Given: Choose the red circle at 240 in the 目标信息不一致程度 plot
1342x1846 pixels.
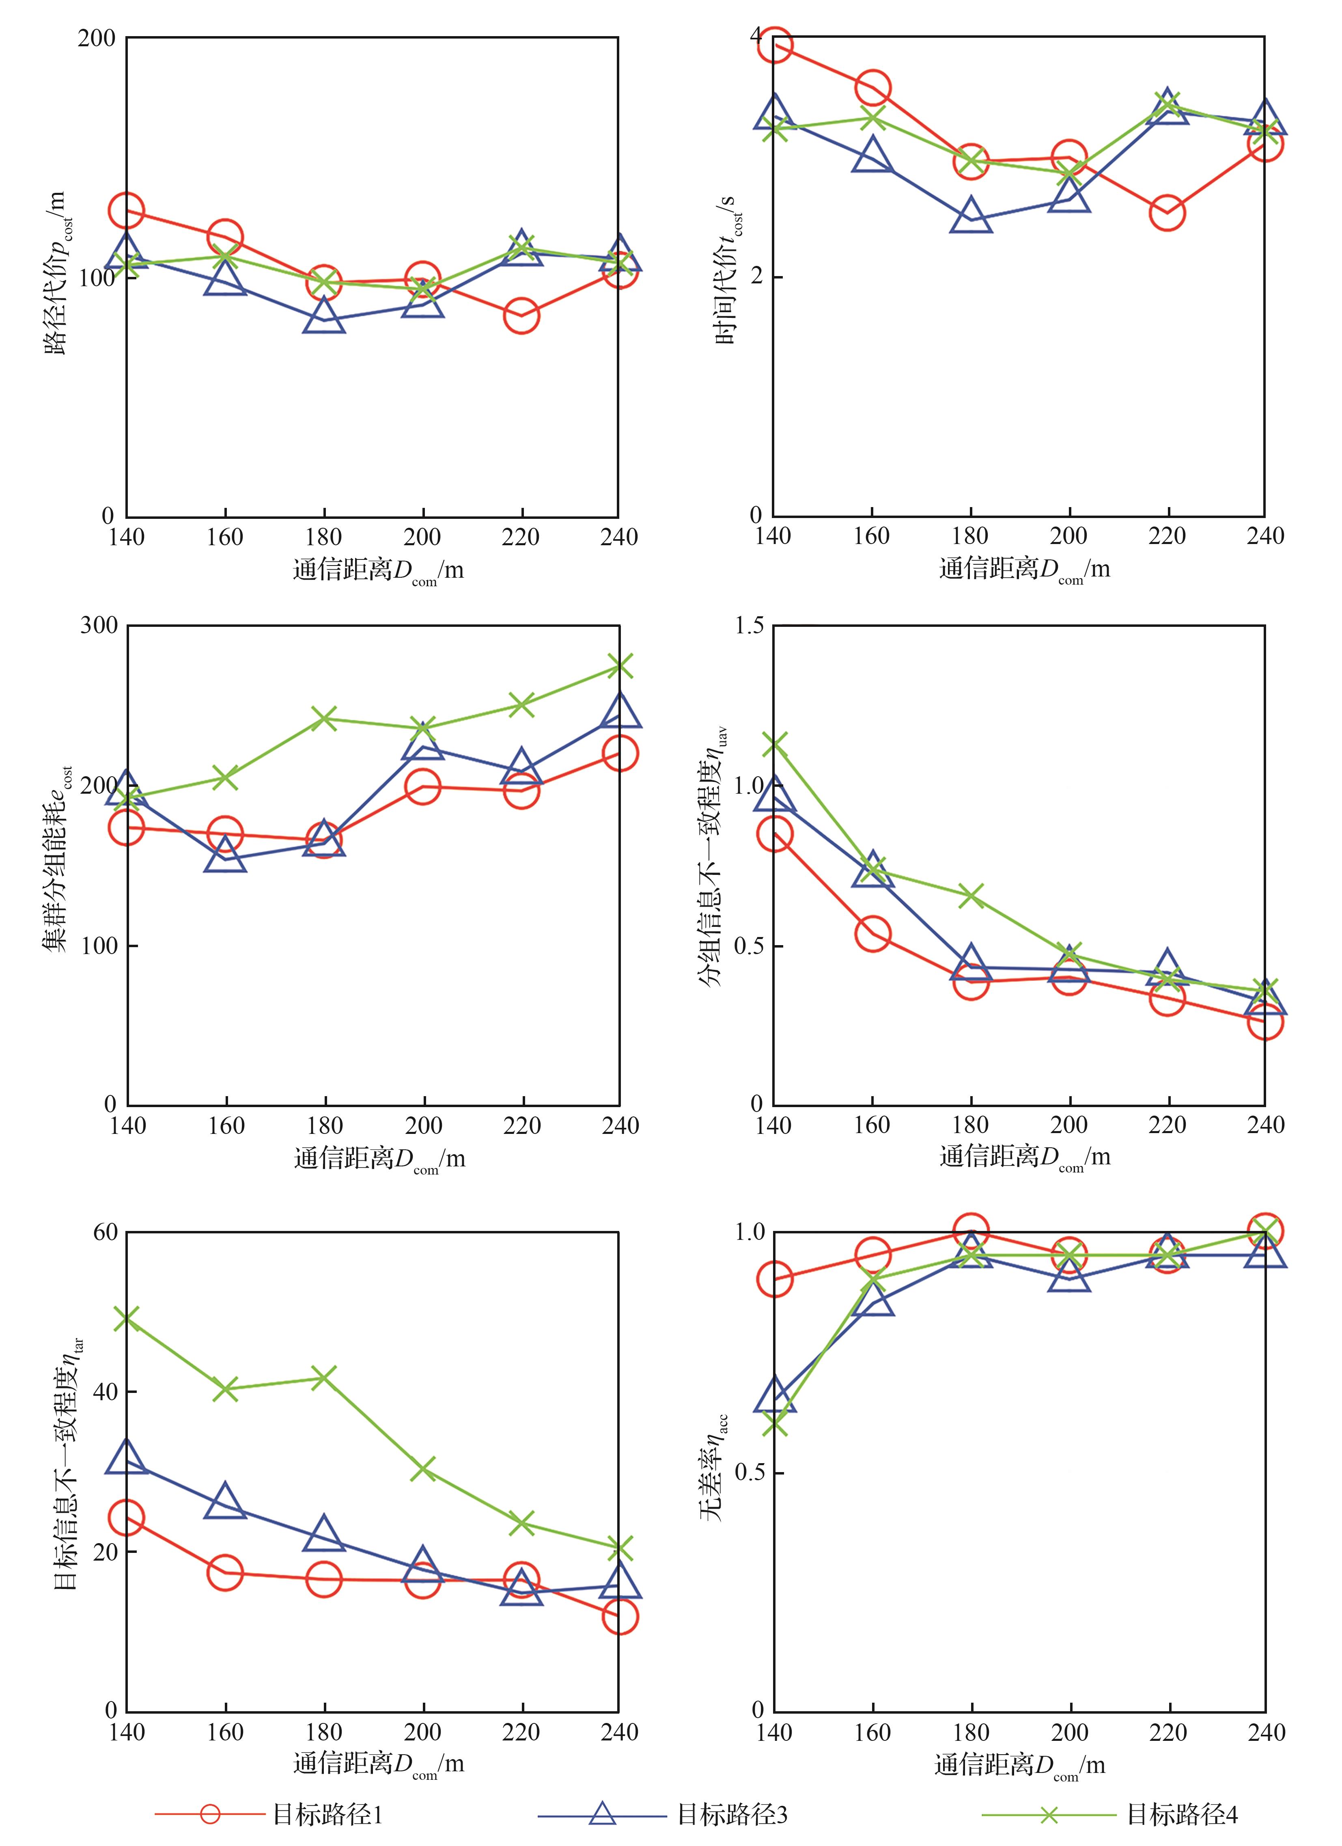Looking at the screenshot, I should tap(619, 1617).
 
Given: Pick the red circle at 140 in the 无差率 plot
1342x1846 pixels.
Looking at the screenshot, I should tap(774, 1280).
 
